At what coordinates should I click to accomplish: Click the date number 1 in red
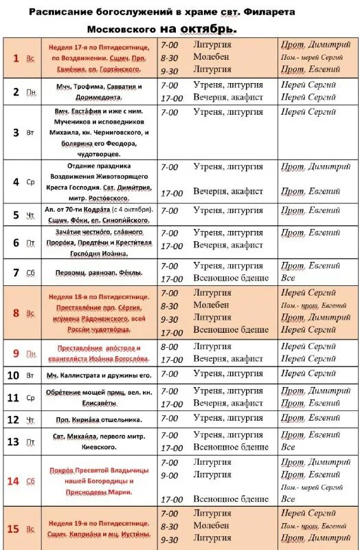pyautogui.click(x=16, y=58)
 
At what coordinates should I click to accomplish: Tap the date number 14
pyautogui.click(x=13, y=481)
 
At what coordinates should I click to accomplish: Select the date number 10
pyautogui.click(x=13, y=375)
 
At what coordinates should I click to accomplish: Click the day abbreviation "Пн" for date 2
pyautogui.click(x=31, y=92)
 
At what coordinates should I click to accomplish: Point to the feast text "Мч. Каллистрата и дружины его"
pyautogui.click(x=98, y=375)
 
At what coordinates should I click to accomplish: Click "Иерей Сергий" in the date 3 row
pyautogui.click(x=308, y=112)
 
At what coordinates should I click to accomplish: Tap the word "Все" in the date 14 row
pyautogui.click(x=289, y=499)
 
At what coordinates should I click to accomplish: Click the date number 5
pyautogui.click(x=16, y=215)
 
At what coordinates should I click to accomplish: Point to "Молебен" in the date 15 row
pyautogui.click(x=211, y=526)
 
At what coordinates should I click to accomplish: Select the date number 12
pyautogui.click(x=13, y=419)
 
